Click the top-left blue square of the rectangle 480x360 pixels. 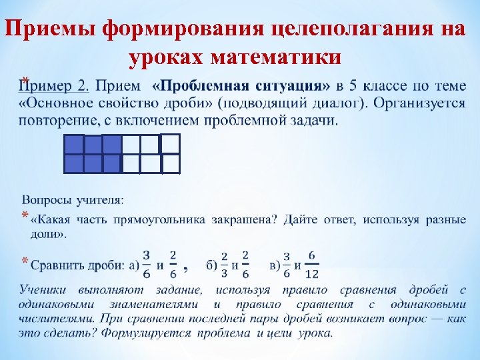point(74,145)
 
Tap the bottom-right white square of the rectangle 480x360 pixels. point(171,164)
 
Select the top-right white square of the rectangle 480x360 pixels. point(171,143)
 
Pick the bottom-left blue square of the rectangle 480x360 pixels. point(74,164)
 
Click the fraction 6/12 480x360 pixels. point(311,265)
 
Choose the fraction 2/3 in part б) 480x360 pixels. point(225,265)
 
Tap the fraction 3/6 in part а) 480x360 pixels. point(146,264)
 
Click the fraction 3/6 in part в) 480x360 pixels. point(286,265)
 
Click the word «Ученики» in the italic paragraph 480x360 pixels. point(45,291)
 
